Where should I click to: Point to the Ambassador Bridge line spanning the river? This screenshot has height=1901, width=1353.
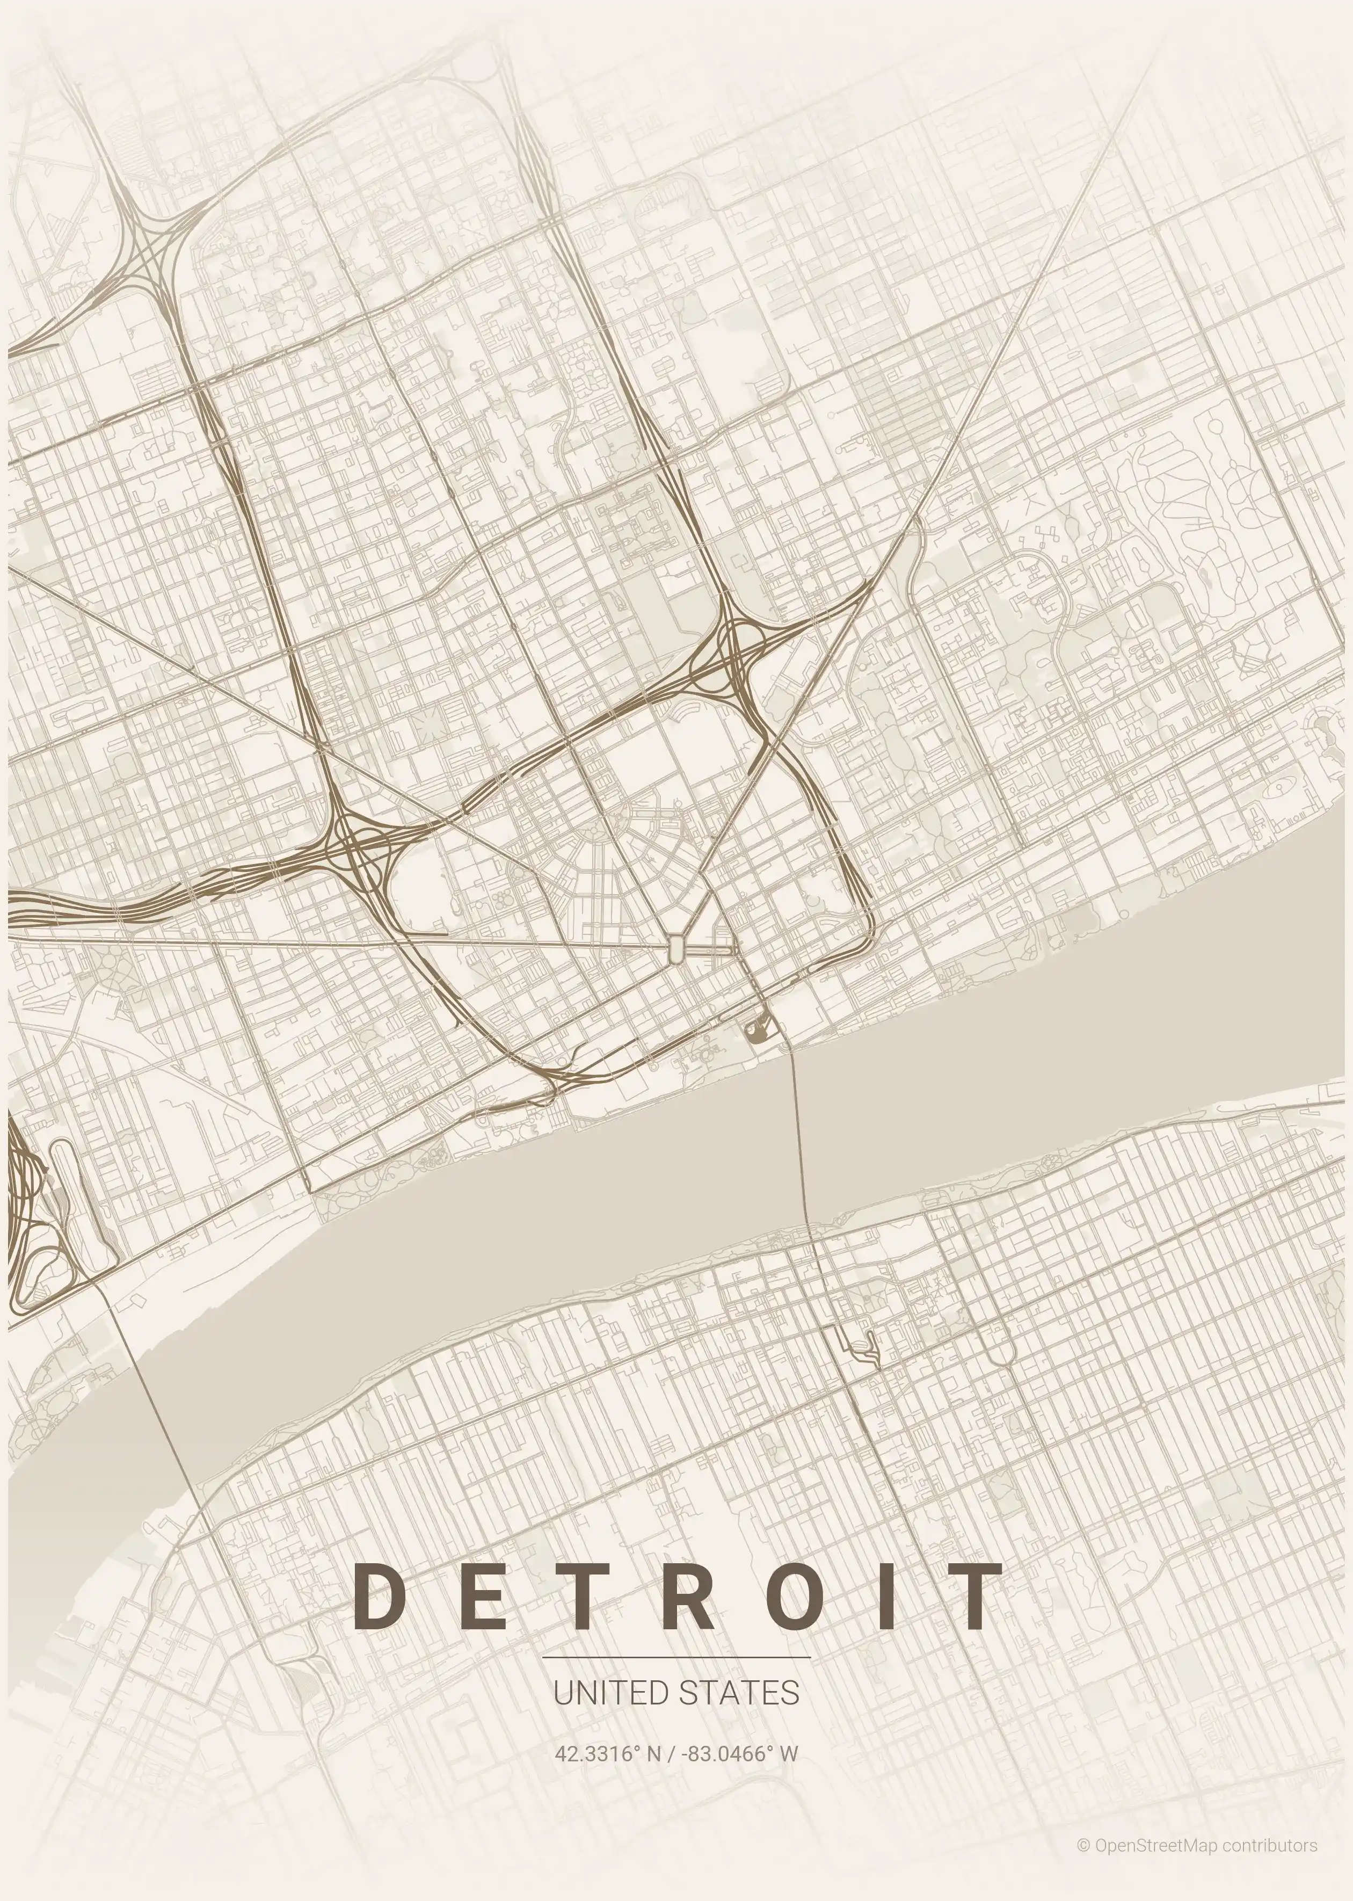[x=154, y=1399]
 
